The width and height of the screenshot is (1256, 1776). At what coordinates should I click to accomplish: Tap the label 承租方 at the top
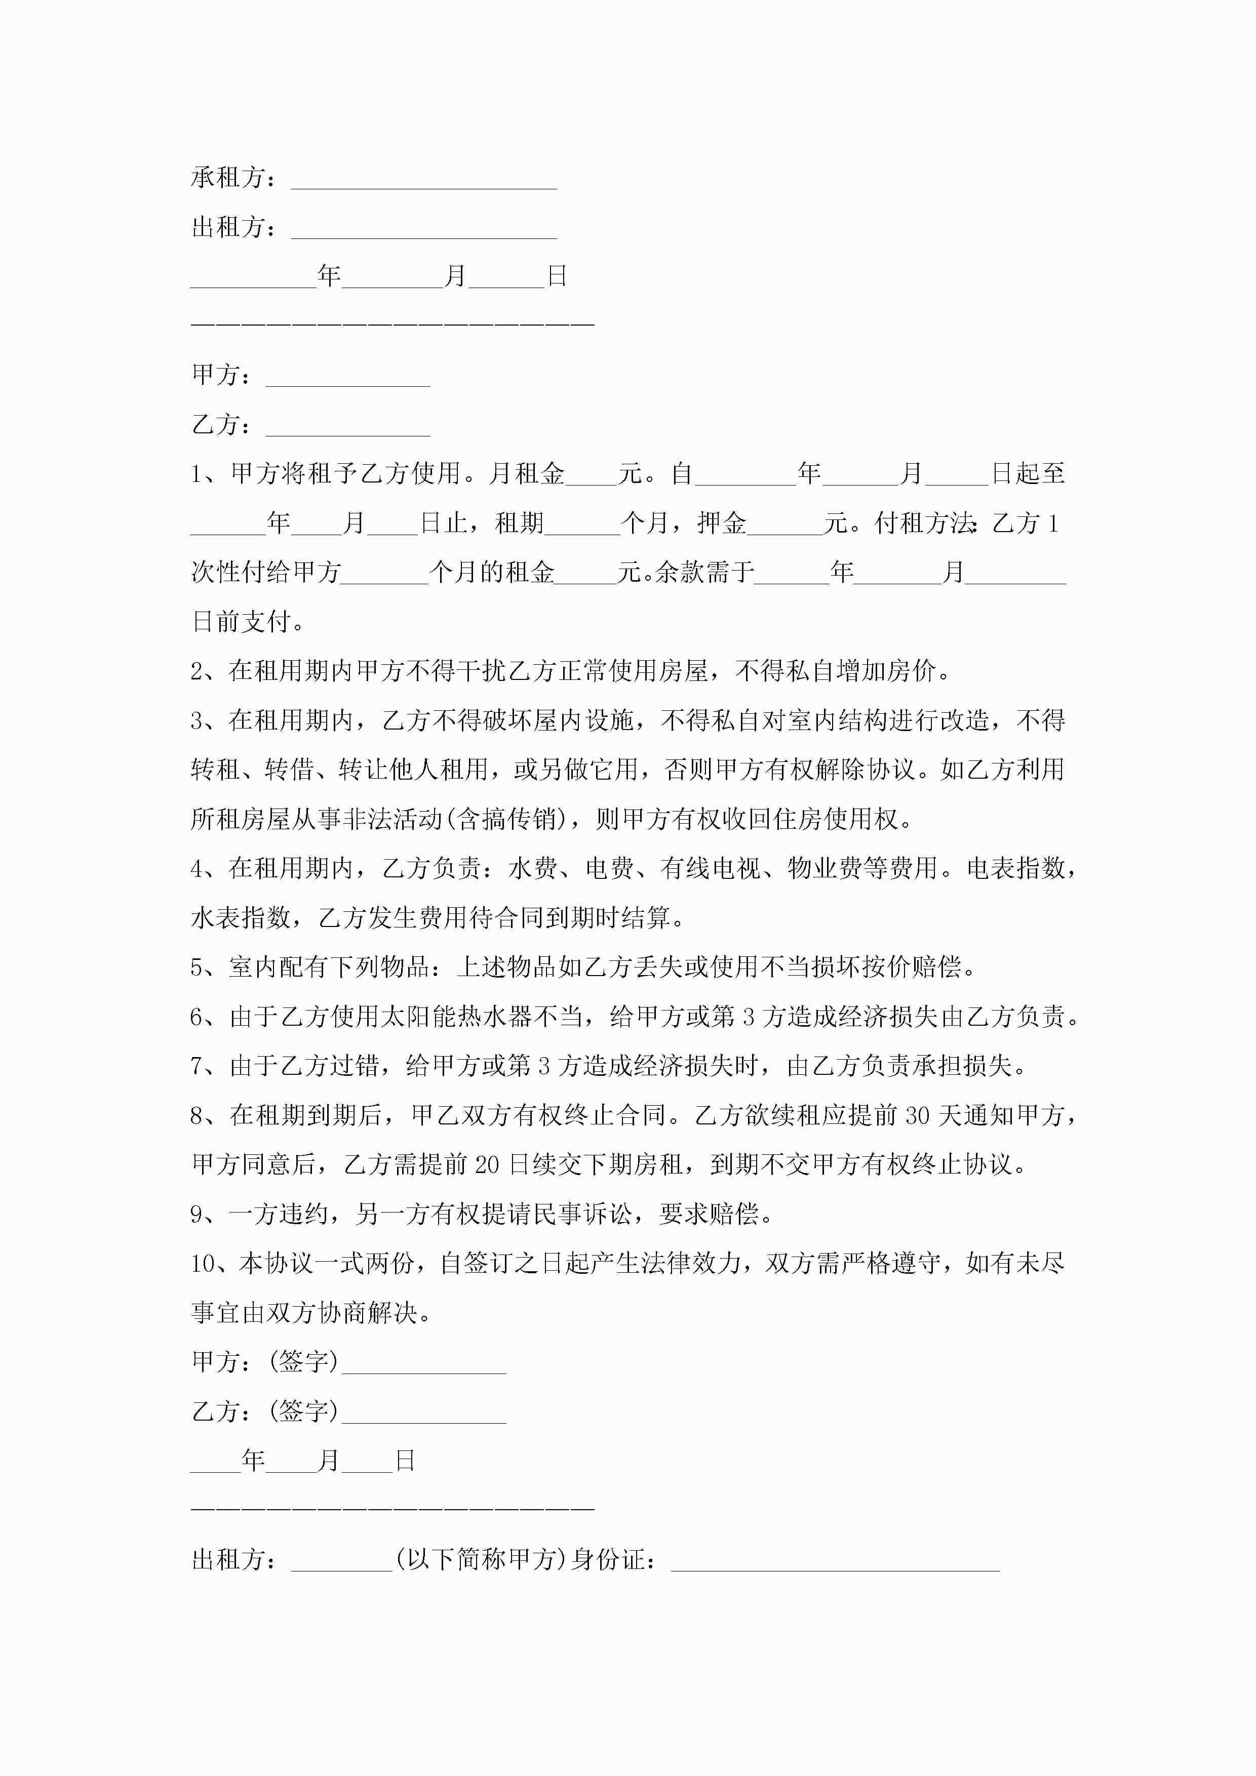[228, 178]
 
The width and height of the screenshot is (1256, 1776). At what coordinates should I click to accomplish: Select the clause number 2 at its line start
[198, 671]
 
